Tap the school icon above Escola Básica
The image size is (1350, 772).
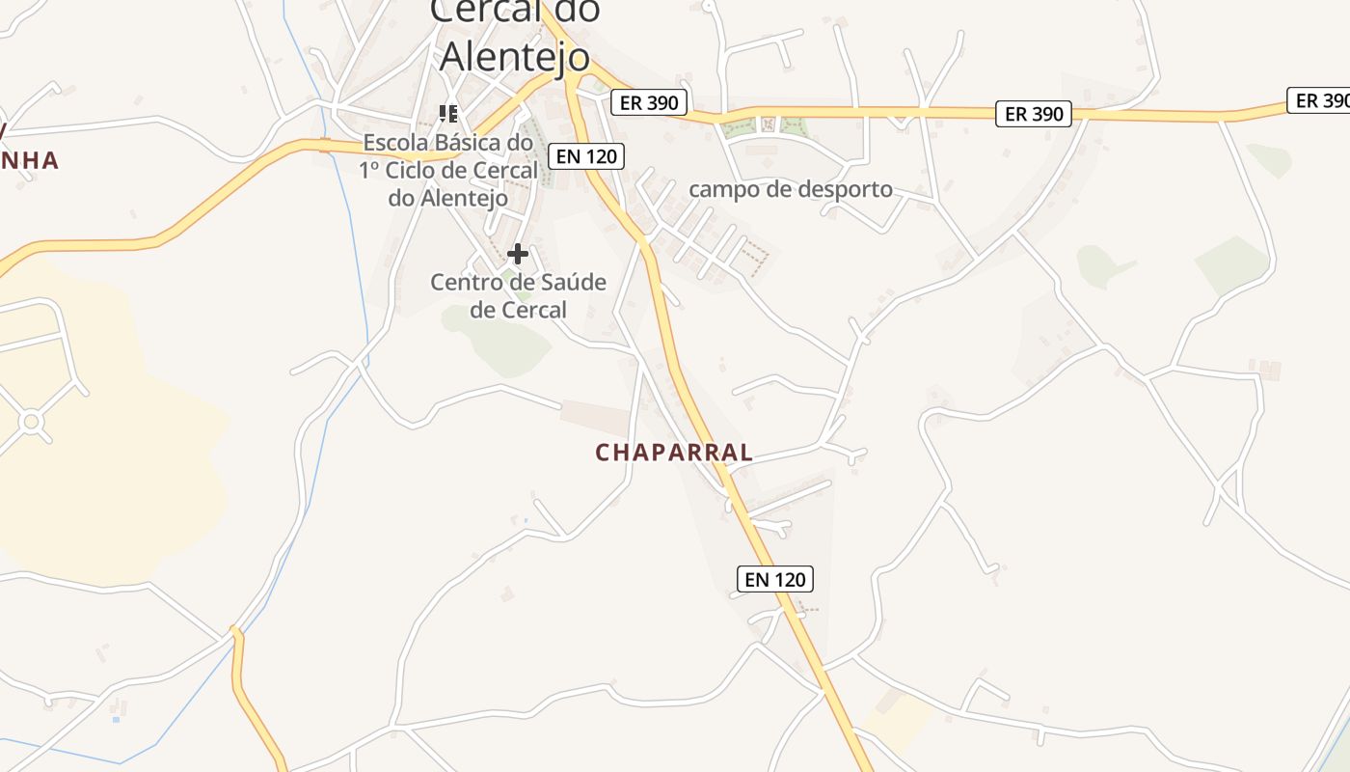click(447, 114)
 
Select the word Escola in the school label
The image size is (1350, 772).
click(393, 143)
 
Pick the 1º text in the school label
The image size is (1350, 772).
click(372, 171)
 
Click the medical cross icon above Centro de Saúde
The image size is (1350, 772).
click(518, 254)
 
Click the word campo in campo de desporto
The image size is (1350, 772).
click(721, 189)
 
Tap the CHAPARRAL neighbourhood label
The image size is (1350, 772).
click(674, 453)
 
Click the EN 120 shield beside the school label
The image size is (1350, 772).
click(586, 155)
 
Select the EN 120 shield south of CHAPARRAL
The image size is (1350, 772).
click(775, 579)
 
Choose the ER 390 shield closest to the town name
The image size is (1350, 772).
click(649, 102)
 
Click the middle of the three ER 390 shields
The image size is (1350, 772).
click(1034, 114)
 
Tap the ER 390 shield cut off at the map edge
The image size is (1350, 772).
click(1320, 100)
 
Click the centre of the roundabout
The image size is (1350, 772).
click(31, 421)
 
